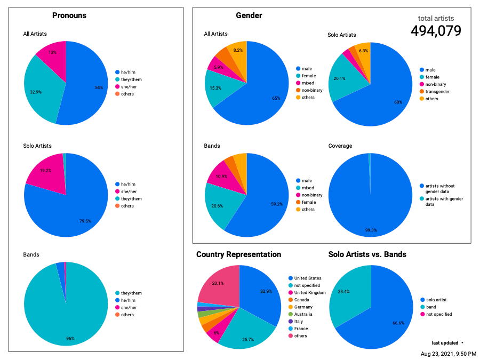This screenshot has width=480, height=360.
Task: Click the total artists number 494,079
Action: tap(436, 31)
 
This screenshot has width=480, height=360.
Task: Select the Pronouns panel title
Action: tap(69, 15)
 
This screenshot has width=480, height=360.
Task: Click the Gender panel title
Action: tap(249, 15)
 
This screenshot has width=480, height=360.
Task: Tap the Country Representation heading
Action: tap(238, 254)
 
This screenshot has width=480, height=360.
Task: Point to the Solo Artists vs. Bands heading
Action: tap(367, 254)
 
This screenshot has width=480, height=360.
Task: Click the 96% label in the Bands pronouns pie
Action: tap(70, 338)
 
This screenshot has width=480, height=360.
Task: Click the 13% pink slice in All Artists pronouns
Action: tap(53, 52)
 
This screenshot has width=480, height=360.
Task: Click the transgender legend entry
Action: tap(437, 91)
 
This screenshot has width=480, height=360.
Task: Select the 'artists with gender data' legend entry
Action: tap(444, 201)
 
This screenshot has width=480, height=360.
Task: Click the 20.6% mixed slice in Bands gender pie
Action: tap(217, 205)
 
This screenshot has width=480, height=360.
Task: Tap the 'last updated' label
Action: tap(444, 342)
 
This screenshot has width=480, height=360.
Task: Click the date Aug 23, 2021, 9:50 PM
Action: tap(448, 354)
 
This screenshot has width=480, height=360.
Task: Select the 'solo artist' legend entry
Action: tap(437, 300)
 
